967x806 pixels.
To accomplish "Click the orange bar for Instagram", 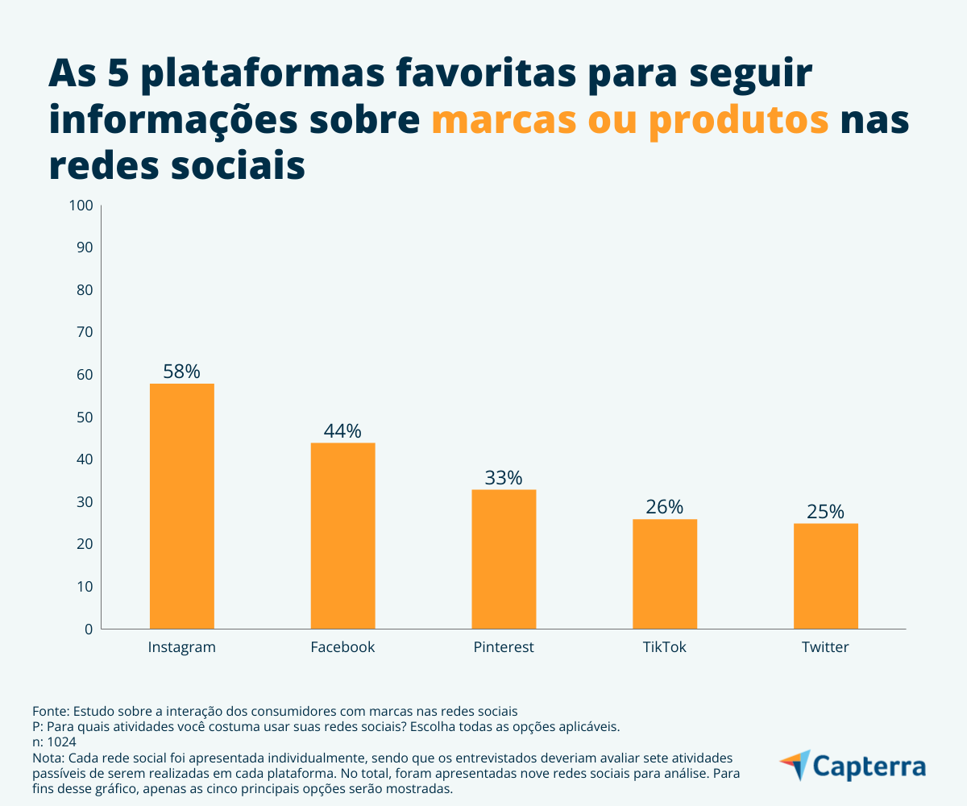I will (182, 506).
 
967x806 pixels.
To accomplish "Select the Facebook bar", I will (342, 536).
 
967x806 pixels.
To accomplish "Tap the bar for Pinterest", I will (504, 559).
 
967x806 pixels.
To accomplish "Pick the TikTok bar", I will (665, 574).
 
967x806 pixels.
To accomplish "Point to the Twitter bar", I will (826, 576).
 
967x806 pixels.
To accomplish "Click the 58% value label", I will (181, 372).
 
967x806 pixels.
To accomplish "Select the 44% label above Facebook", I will (342, 431).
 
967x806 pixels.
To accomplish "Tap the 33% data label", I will (504, 478).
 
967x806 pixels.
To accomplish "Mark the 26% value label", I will (665, 507).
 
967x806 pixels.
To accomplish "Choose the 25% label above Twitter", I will (826, 512).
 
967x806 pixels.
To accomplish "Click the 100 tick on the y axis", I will (82, 206).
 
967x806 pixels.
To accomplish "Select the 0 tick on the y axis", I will (89, 629).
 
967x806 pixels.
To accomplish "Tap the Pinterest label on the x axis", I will (504, 647).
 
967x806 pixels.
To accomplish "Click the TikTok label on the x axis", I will (665, 647).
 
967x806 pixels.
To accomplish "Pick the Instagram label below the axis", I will (182, 647).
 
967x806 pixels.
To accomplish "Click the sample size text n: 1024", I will (55, 742).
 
